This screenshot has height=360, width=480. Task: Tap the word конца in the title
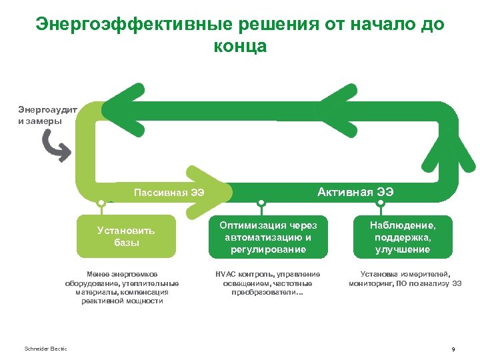[x=240, y=46]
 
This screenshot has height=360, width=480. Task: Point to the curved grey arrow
[x=55, y=146]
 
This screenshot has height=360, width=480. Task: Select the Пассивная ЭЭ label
[x=169, y=193]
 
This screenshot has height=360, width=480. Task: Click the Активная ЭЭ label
[x=355, y=192]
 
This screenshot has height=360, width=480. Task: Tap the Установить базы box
[x=126, y=236]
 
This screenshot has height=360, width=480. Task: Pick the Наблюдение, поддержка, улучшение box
[x=402, y=237]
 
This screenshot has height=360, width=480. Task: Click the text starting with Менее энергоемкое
[x=127, y=287]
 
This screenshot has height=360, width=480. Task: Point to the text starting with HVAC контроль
[x=267, y=283]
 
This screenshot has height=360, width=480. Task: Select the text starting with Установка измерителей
[x=405, y=279]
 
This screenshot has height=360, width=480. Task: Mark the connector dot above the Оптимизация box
[x=261, y=202]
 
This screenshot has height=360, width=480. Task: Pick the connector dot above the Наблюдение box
[x=383, y=202]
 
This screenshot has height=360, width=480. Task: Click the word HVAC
[x=225, y=274]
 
